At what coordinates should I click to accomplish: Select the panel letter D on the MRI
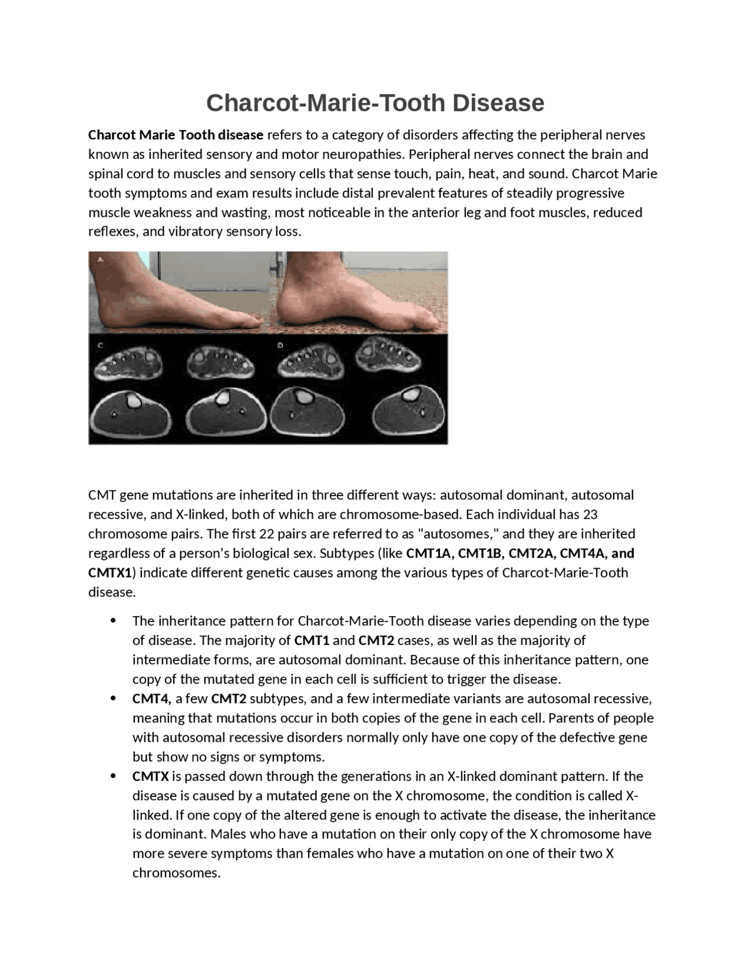280,346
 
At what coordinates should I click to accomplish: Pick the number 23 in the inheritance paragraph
590,515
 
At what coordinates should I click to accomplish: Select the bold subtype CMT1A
429,554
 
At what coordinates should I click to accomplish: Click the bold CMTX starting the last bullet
150,777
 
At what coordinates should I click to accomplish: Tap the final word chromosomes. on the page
176,873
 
